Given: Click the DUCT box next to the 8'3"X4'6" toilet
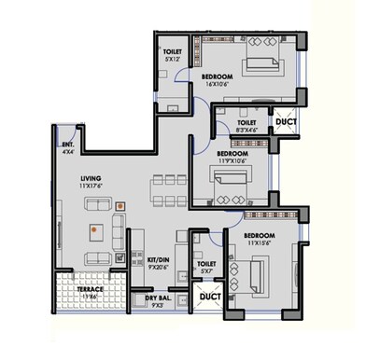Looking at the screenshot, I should coord(284,121).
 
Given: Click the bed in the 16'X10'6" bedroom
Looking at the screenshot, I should coord(266,66).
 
